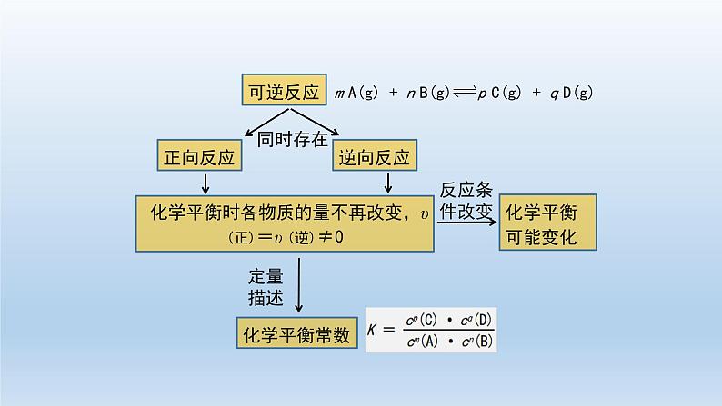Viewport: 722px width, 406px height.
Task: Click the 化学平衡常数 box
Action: (x=296, y=334)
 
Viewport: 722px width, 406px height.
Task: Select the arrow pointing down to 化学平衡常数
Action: (x=300, y=287)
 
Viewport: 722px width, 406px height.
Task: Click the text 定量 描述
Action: (x=266, y=287)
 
